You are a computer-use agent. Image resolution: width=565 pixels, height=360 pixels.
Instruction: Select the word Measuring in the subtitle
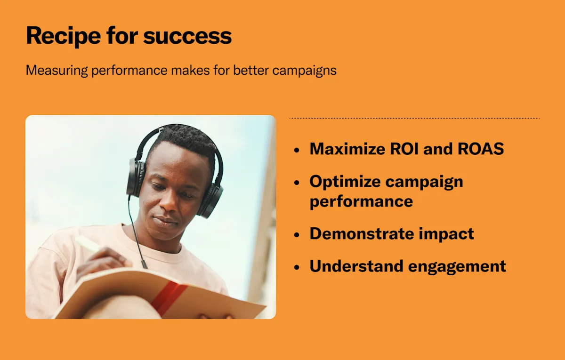[57, 71]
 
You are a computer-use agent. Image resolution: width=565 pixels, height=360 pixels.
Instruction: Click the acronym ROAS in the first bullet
[481, 149]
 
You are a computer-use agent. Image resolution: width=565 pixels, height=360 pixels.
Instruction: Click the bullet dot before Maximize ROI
[297, 150]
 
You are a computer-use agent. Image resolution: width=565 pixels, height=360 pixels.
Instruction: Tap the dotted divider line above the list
[414, 118]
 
